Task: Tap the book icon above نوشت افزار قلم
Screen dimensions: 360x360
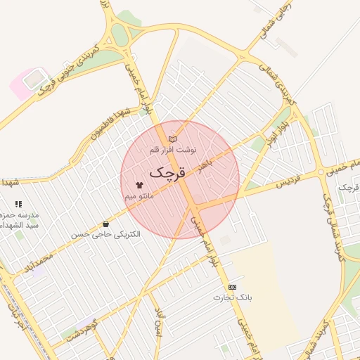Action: [x=172, y=139]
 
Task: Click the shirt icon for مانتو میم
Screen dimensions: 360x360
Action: [x=139, y=186]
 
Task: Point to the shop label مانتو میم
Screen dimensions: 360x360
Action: [x=139, y=196]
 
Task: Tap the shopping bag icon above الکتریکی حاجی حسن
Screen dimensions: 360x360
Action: [x=105, y=224]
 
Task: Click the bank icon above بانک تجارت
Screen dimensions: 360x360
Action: [x=232, y=287]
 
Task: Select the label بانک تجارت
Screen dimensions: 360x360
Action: [x=233, y=297]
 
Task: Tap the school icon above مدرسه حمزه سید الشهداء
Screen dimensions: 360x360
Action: [x=18, y=204]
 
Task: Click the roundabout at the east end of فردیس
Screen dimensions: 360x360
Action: [x=321, y=172]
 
